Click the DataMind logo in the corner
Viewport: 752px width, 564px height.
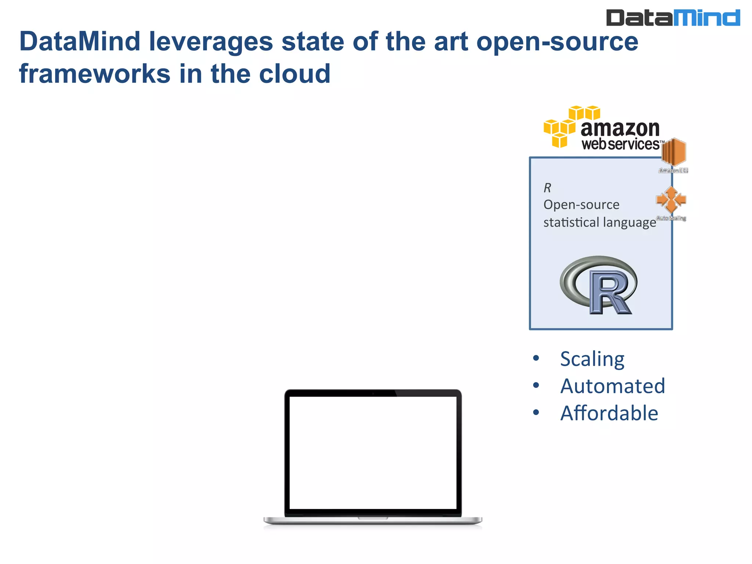673,18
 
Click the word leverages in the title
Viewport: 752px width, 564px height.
211,41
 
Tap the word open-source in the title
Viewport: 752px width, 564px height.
557,41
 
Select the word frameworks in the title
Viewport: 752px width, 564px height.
95,74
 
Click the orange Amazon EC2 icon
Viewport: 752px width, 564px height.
673,152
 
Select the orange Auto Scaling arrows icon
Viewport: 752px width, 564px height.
671,200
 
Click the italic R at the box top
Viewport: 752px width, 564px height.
547,188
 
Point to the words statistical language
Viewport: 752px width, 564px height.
599,223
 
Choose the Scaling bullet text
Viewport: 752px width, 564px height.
592,359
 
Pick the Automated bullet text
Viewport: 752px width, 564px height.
612,386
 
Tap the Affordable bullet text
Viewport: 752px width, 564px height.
609,413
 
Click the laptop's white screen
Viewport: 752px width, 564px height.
373,452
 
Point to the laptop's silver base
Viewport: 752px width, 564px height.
373,521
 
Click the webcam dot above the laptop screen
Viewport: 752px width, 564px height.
373,393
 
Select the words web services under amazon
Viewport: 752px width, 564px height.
621,144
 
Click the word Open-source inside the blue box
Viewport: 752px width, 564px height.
581,205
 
